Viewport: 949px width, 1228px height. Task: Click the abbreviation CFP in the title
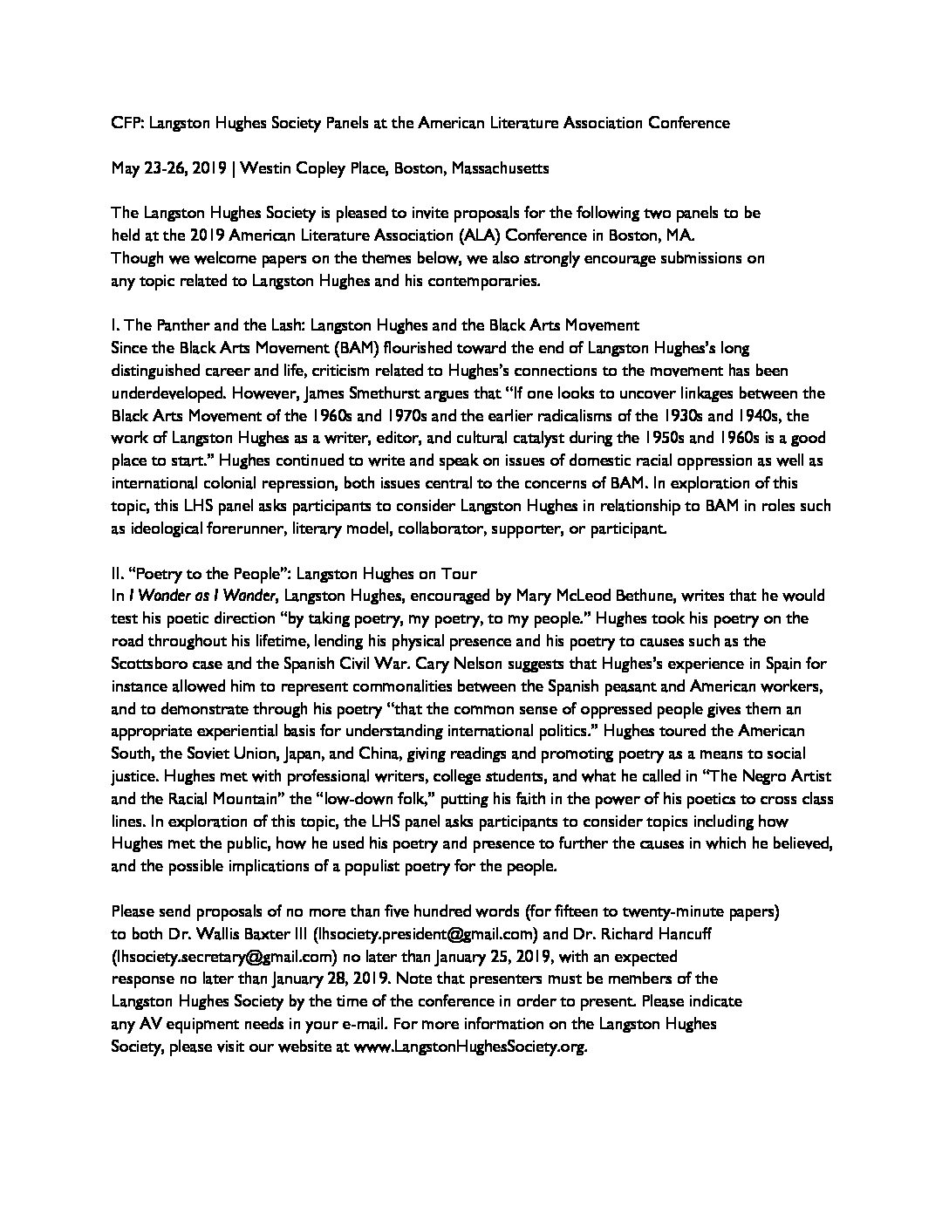[126, 123]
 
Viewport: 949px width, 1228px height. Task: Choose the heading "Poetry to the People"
[223, 573]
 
